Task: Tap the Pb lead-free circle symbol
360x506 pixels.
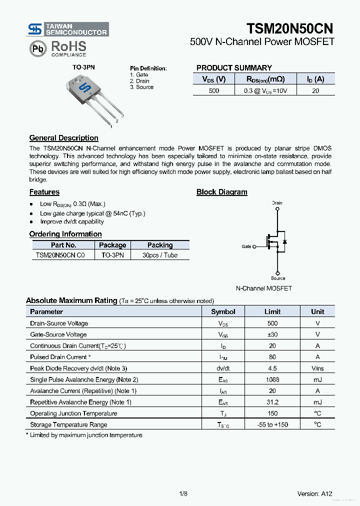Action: (x=37, y=48)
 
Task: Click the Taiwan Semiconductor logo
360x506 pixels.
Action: (x=68, y=29)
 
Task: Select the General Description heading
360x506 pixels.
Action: (x=63, y=138)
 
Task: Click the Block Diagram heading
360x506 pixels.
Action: (x=221, y=192)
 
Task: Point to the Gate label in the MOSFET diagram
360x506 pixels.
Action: (x=246, y=246)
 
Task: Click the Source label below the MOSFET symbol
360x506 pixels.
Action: (x=278, y=278)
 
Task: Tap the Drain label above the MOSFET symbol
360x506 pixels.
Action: (x=277, y=203)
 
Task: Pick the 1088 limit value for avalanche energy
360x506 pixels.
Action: (x=272, y=379)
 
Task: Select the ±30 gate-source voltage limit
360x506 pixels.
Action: (x=272, y=334)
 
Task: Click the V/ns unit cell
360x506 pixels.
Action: (x=317, y=368)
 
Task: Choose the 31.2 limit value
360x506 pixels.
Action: (x=272, y=402)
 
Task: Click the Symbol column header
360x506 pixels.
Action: (x=223, y=311)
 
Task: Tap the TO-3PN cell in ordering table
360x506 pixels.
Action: (x=112, y=255)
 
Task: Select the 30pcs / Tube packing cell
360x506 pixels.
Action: (x=160, y=255)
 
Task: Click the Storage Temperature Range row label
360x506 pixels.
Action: (x=68, y=424)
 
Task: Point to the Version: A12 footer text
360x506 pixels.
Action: (x=314, y=493)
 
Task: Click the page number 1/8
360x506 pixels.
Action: (x=183, y=493)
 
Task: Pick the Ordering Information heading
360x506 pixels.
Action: (x=65, y=234)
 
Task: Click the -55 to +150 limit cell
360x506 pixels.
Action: (x=272, y=424)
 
